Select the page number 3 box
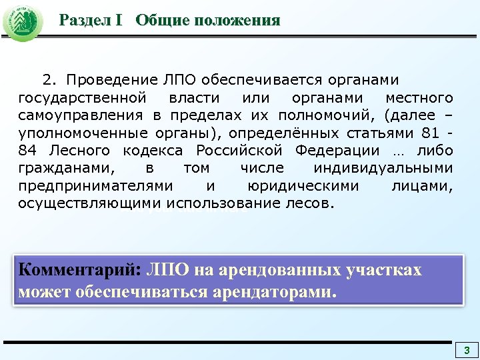467,351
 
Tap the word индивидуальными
385,168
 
